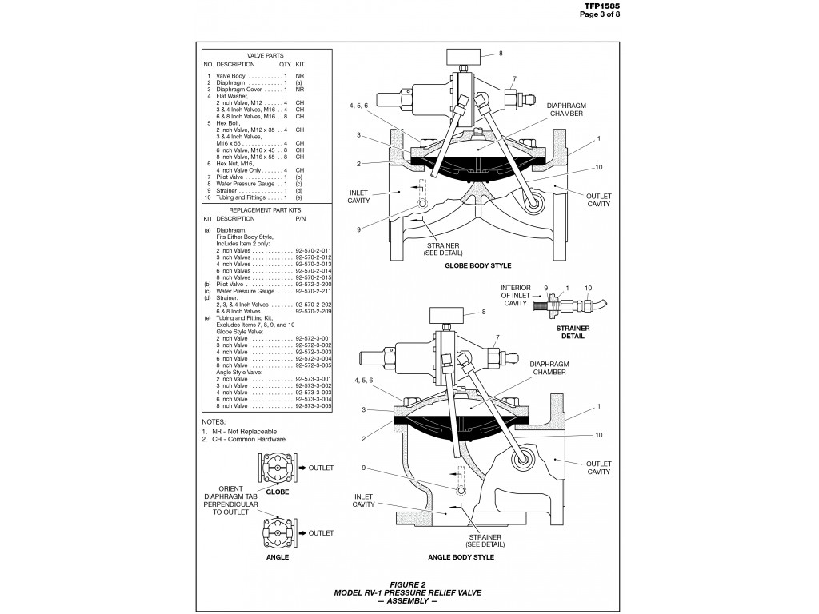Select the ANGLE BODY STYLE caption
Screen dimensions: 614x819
460,556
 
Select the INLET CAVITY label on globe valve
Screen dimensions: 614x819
358,197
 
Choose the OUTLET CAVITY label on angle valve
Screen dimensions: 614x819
598,468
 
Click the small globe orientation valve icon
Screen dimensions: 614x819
277,468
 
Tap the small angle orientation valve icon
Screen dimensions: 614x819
277,532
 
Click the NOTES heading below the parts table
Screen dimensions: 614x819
214,421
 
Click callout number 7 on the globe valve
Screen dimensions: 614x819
514,78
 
